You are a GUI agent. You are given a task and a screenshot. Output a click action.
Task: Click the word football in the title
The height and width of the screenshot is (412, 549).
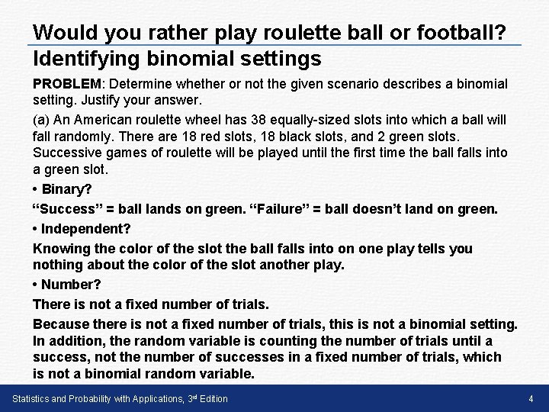(x=454, y=33)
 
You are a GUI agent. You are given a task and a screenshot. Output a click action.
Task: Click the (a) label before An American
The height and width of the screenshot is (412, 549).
(x=42, y=120)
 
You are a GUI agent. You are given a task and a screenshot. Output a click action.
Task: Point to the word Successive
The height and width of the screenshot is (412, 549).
(x=66, y=153)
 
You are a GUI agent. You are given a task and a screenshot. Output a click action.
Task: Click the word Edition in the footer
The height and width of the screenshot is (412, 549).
(x=213, y=399)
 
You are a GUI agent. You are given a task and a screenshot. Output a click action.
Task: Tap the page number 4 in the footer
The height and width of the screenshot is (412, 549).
(x=530, y=399)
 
